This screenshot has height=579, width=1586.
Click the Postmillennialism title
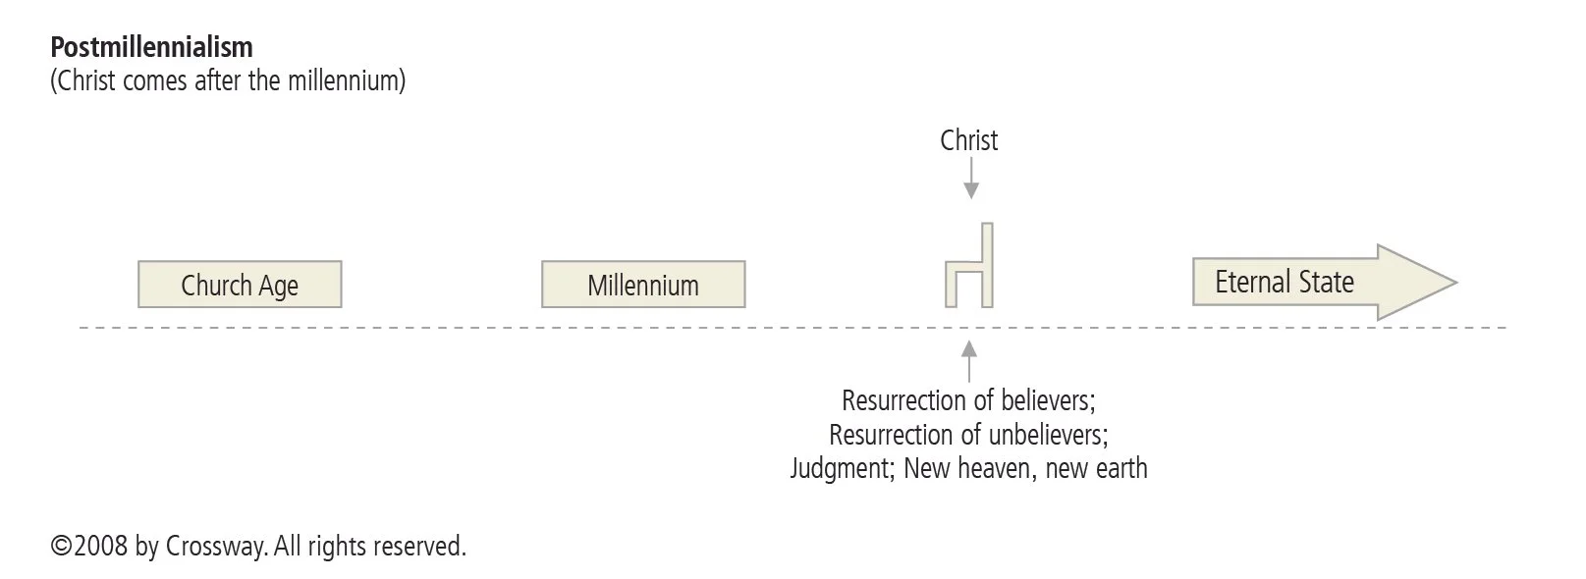pyautogui.click(x=151, y=47)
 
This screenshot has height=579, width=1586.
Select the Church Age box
pyautogui.click(x=240, y=285)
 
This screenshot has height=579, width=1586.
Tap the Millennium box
pyautogui.click(x=643, y=285)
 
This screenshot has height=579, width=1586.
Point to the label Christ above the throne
pyautogui.click(x=968, y=140)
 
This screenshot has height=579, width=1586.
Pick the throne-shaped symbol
pyautogui.click(x=970, y=267)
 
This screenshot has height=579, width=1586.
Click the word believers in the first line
pyautogui.click(x=1045, y=400)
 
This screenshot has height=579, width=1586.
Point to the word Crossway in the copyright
pyautogui.click(x=214, y=546)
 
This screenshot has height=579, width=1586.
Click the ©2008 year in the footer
pyautogui.click(x=88, y=546)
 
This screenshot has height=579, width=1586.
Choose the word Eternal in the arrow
pyautogui.click(x=1249, y=283)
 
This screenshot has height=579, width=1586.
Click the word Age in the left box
pyautogui.click(x=279, y=286)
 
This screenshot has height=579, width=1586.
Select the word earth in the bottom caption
pyautogui.click(x=1121, y=468)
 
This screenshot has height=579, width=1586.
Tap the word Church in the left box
pyautogui.click(x=216, y=286)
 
